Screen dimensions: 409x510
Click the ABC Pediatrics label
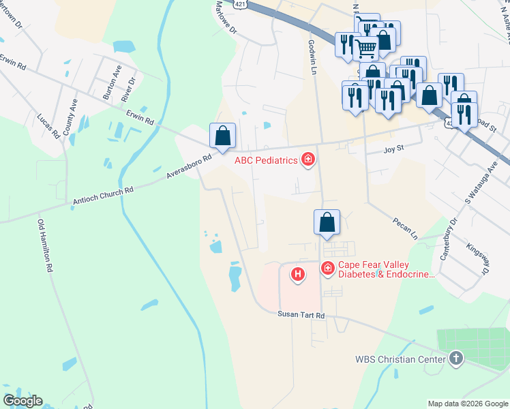[267, 161]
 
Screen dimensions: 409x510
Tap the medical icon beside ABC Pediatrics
[308, 160]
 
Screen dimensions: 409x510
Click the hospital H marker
[297, 275]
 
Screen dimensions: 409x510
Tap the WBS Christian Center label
[400, 359]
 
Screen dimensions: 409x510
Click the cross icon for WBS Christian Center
[456, 358]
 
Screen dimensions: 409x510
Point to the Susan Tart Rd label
[301, 314]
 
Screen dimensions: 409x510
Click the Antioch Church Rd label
[104, 196]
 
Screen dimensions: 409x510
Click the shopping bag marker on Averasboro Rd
[222, 136]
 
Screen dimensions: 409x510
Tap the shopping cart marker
[366, 49]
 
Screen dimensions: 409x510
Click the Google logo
[22, 401]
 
